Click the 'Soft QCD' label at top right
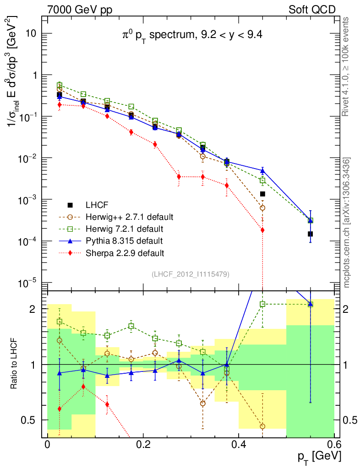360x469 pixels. [x=311, y=9]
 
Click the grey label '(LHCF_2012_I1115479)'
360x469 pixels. [x=191, y=274]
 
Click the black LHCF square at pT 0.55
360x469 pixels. [x=310, y=234]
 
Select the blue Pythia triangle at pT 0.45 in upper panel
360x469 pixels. [x=262, y=171]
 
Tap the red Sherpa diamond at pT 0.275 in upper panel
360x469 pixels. [x=179, y=177]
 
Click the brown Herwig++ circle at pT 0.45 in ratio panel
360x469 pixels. [x=262, y=426]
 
